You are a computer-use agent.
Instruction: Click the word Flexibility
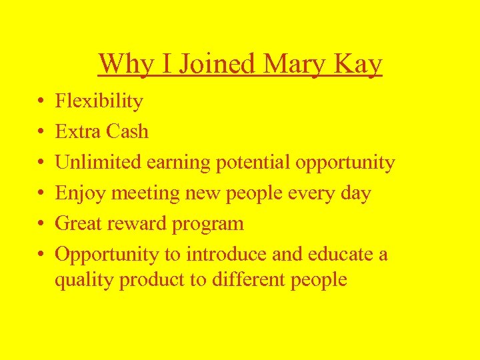[x=99, y=101]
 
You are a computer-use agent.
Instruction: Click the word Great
[x=79, y=223]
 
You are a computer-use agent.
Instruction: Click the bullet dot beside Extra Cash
[x=41, y=132]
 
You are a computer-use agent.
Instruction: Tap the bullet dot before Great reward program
[x=41, y=224]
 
